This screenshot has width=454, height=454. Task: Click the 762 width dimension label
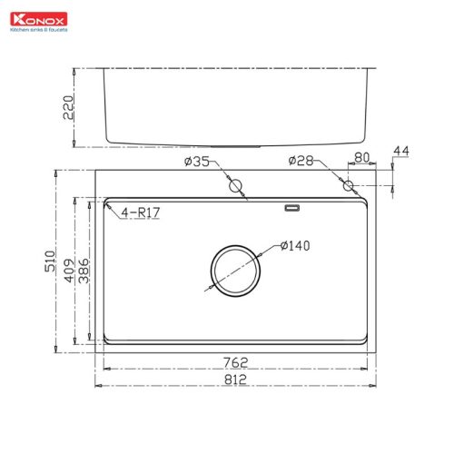[x=236, y=361]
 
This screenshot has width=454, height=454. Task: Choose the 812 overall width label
[x=236, y=382]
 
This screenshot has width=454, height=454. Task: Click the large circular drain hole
[x=237, y=269]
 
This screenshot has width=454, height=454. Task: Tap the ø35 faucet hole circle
[x=238, y=186]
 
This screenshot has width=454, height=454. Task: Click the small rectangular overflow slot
[x=291, y=208]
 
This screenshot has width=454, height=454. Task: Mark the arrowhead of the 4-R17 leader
[x=107, y=205]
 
